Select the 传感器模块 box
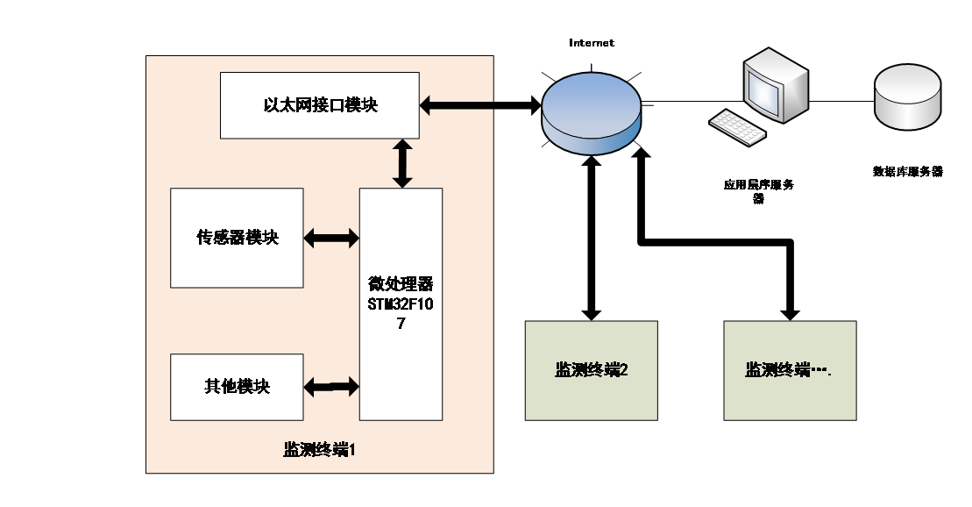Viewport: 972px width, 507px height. tap(237, 238)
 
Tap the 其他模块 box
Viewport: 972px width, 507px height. tap(237, 387)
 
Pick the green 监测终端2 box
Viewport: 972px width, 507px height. tap(592, 370)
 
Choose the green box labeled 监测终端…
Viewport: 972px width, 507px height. tap(790, 370)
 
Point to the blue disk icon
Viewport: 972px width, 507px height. tap(590, 114)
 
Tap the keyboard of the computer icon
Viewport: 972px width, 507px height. tap(737, 127)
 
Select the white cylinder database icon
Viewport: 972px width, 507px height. tap(909, 96)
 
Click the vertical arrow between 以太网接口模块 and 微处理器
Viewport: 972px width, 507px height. tap(402, 163)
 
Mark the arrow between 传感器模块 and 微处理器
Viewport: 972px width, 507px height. tap(331, 238)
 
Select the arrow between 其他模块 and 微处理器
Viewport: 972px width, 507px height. tap(331, 386)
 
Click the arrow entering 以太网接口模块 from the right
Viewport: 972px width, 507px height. tap(456, 106)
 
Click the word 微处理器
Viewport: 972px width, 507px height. tap(401, 285)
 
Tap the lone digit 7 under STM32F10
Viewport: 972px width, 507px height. tap(401, 323)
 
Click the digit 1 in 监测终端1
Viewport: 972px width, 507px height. tap(351, 451)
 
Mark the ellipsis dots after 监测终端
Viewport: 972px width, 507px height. tap(821, 372)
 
